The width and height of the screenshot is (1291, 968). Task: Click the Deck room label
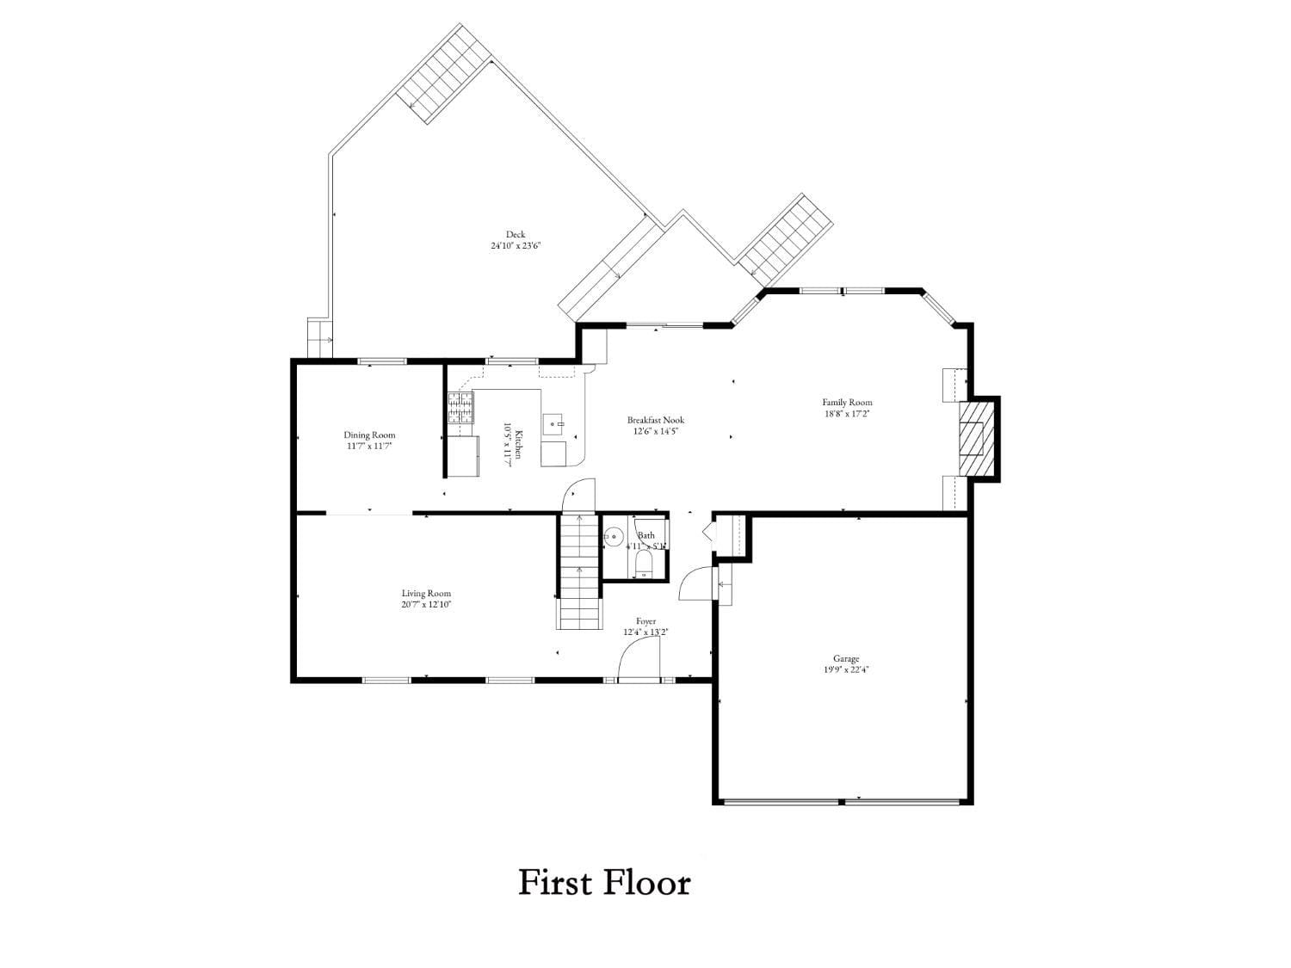(515, 234)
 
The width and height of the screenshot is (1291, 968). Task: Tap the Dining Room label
(369, 435)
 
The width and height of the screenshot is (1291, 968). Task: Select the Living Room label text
(426, 594)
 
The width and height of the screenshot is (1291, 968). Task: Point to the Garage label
(845, 659)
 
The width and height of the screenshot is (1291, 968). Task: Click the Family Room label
(847, 402)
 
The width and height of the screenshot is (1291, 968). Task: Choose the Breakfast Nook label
(655, 421)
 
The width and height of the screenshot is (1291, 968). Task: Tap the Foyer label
(645, 621)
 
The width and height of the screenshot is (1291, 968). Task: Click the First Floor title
(604, 883)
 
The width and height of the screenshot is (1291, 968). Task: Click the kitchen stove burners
(460, 408)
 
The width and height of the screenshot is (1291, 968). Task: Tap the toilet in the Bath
(644, 564)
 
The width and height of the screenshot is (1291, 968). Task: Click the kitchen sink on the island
(553, 423)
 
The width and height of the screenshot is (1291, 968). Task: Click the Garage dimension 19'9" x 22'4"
(845, 669)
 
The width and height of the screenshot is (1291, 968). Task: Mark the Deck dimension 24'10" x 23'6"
(515, 245)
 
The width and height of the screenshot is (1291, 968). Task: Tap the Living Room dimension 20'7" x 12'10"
(426, 604)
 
